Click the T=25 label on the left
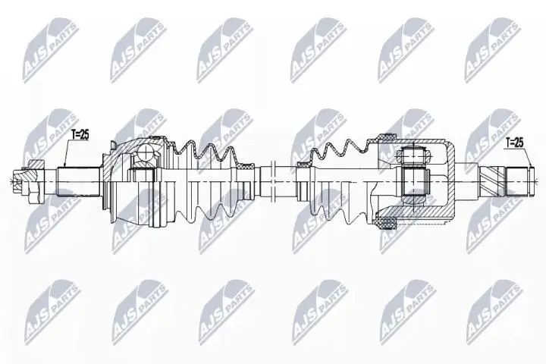click(80, 135)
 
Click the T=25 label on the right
click(514, 142)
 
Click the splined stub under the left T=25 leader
click(78, 182)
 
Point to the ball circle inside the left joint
click(146, 152)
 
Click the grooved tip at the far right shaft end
click(531, 181)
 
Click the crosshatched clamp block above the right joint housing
click(385, 136)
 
